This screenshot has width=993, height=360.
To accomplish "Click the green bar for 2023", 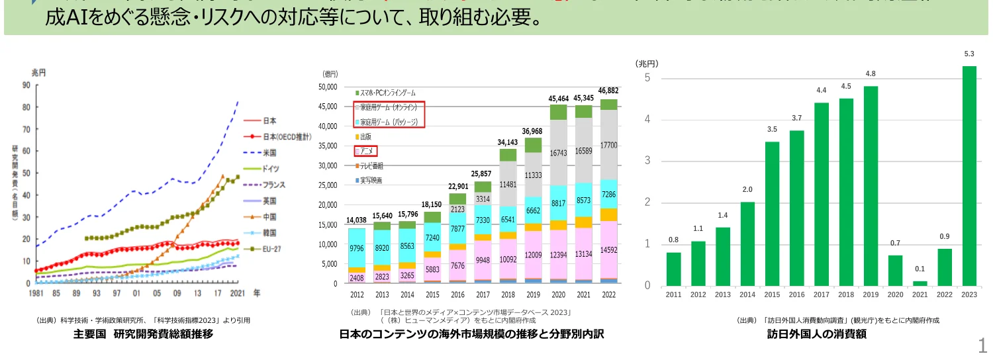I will pos(969,175).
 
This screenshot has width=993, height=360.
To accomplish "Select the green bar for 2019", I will pos(871,186).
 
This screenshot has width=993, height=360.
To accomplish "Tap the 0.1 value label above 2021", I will pos(920,268).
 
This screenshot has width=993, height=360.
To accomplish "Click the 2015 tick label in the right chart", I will pos(772,294).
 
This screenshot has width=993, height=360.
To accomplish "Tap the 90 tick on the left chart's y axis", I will pos(26,85).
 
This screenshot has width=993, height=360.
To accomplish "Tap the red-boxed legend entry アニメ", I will pos(366,152).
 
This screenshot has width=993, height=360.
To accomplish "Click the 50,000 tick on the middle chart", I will pos(328,87).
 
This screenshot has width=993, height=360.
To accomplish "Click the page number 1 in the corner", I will pos(982,344).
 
